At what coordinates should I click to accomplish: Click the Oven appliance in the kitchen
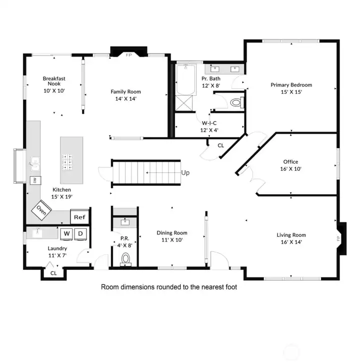click(x=41, y=210)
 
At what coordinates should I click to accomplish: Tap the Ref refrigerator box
click(x=79, y=217)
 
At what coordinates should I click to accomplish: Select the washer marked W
click(x=66, y=234)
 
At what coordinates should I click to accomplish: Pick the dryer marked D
click(x=80, y=234)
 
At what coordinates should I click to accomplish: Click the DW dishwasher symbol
click(x=35, y=180)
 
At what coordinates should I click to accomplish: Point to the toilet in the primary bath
click(x=237, y=102)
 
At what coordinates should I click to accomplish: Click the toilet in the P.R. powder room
click(x=125, y=259)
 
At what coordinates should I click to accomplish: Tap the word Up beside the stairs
click(x=185, y=173)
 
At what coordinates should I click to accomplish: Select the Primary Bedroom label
click(x=291, y=85)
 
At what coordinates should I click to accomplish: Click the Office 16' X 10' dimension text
click(x=290, y=169)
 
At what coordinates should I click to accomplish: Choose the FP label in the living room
click(x=338, y=238)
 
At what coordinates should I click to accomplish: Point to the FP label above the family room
click(x=128, y=55)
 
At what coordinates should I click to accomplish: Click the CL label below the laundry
click(x=53, y=273)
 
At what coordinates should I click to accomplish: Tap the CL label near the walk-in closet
click(x=220, y=146)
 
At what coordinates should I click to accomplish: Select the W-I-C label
click(x=209, y=123)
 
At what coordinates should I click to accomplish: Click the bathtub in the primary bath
click(x=185, y=80)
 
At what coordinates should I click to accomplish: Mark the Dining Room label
click(x=172, y=233)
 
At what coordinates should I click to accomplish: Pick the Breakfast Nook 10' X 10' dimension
click(x=54, y=91)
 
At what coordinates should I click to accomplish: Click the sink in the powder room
click(x=125, y=222)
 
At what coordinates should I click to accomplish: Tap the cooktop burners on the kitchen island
click(x=67, y=162)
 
